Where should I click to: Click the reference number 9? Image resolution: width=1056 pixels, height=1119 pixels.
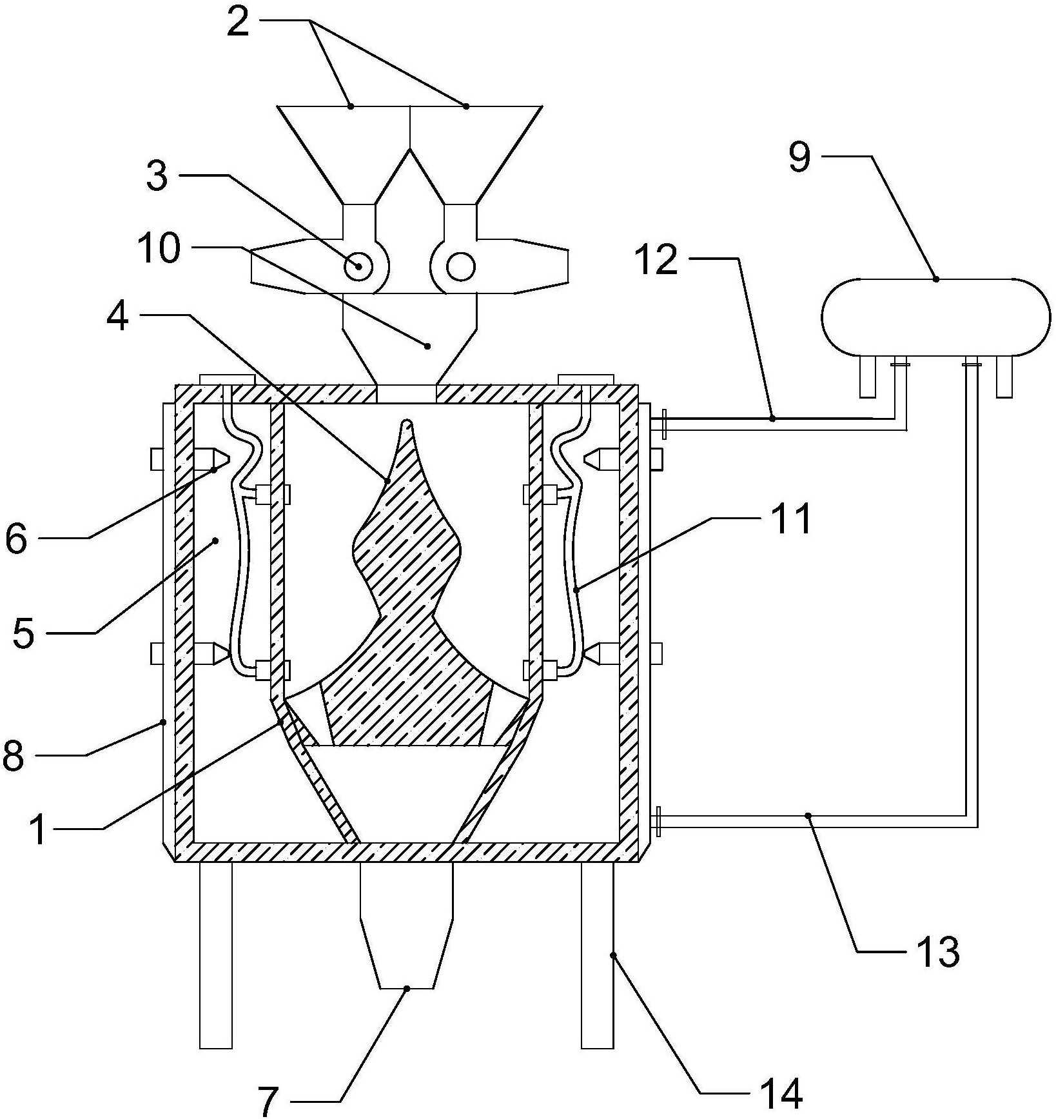pos(799,157)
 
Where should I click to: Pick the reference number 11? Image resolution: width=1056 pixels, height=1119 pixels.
pos(792,520)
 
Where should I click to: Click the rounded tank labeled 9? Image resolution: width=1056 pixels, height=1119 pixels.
pos(935,316)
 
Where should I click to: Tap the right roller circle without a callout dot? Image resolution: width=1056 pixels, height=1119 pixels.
pos(460,266)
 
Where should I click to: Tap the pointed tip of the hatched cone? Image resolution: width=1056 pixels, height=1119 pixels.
pos(407,424)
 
